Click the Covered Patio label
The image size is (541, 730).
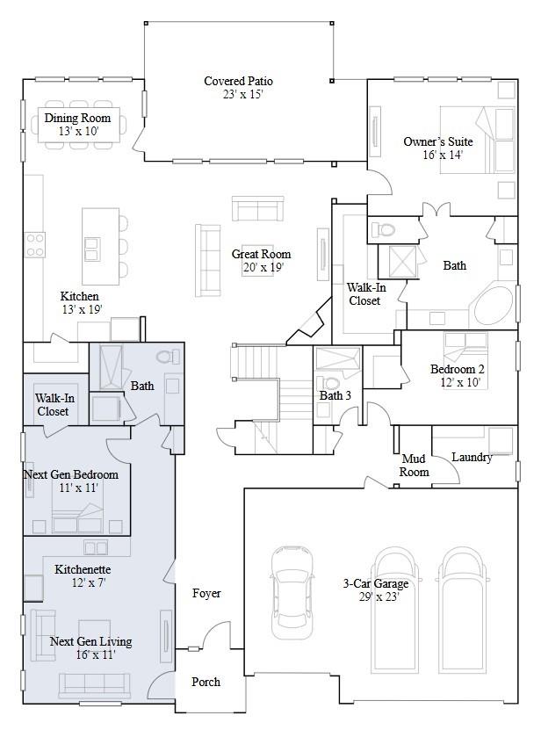click(x=238, y=82)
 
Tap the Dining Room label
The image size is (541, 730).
click(x=77, y=119)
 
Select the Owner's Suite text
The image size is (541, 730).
click(x=437, y=141)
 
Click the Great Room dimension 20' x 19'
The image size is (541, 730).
click(x=257, y=268)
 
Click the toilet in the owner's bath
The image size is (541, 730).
click(x=385, y=231)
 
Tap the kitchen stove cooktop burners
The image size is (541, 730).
click(x=35, y=244)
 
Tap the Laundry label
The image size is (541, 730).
click(x=472, y=458)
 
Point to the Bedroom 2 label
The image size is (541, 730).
click(x=457, y=369)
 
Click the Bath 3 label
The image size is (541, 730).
click(x=335, y=396)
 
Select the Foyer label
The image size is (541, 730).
click(x=206, y=594)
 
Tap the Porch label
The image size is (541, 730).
click(x=206, y=682)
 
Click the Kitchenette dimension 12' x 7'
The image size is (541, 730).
click(x=83, y=582)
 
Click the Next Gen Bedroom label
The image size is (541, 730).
click(x=70, y=474)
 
